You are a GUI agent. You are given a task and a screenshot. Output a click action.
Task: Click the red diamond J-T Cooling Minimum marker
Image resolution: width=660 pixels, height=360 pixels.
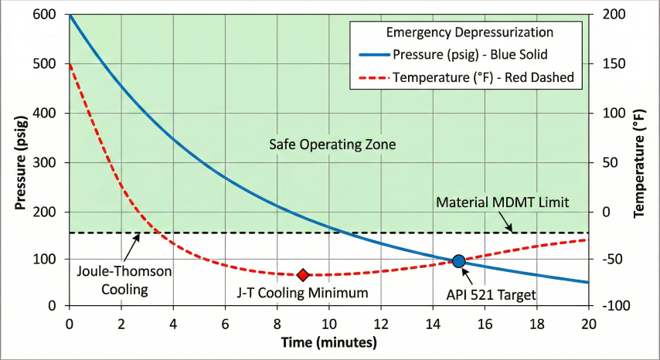pyautogui.click(x=303, y=275)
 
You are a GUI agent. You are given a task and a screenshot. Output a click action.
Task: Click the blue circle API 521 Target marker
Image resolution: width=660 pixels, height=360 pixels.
pyautogui.click(x=458, y=261)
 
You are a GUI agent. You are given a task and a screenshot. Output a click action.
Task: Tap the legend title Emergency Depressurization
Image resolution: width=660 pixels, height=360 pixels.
pyautogui.click(x=469, y=32)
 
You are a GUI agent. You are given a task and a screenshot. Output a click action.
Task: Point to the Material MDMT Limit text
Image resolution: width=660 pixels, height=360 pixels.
pyautogui.click(x=502, y=202)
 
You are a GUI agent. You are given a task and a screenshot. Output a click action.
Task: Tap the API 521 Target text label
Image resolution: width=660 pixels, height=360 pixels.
pyautogui.click(x=491, y=294)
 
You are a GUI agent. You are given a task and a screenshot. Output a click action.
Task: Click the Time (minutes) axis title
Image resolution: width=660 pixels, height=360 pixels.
pyautogui.click(x=328, y=341)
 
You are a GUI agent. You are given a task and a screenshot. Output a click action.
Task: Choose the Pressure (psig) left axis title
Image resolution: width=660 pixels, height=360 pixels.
pyautogui.click(x=21, y=160)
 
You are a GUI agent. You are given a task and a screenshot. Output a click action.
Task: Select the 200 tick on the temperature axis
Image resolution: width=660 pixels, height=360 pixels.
pyautogui.click(x=607, y=15)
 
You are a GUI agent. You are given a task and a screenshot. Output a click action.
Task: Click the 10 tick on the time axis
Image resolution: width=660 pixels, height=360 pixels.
pyautogui.click(x=328, y=321)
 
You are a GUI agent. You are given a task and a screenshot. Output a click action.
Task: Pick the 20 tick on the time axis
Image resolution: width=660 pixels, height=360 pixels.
pyautogui.click(x=588, y=321)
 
